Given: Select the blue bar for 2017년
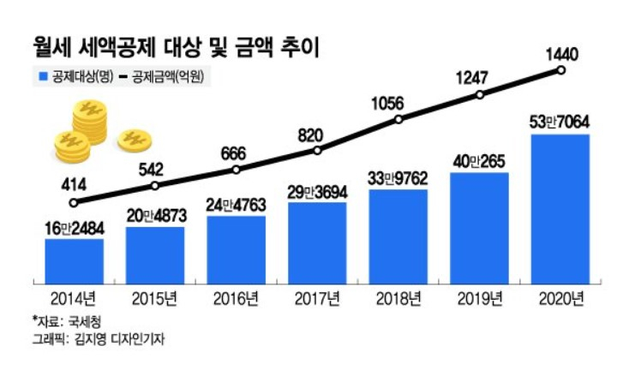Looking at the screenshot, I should tap(318, 242).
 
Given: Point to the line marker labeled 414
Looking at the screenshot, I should tap(75, 203).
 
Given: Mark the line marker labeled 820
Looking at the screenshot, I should tap(318, 150).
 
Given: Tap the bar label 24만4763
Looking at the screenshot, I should tap(237, 206).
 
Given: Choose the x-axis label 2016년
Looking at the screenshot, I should tap(237, 298).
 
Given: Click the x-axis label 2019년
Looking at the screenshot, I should tap(480, 298).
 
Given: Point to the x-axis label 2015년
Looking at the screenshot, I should tap(155, 298).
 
